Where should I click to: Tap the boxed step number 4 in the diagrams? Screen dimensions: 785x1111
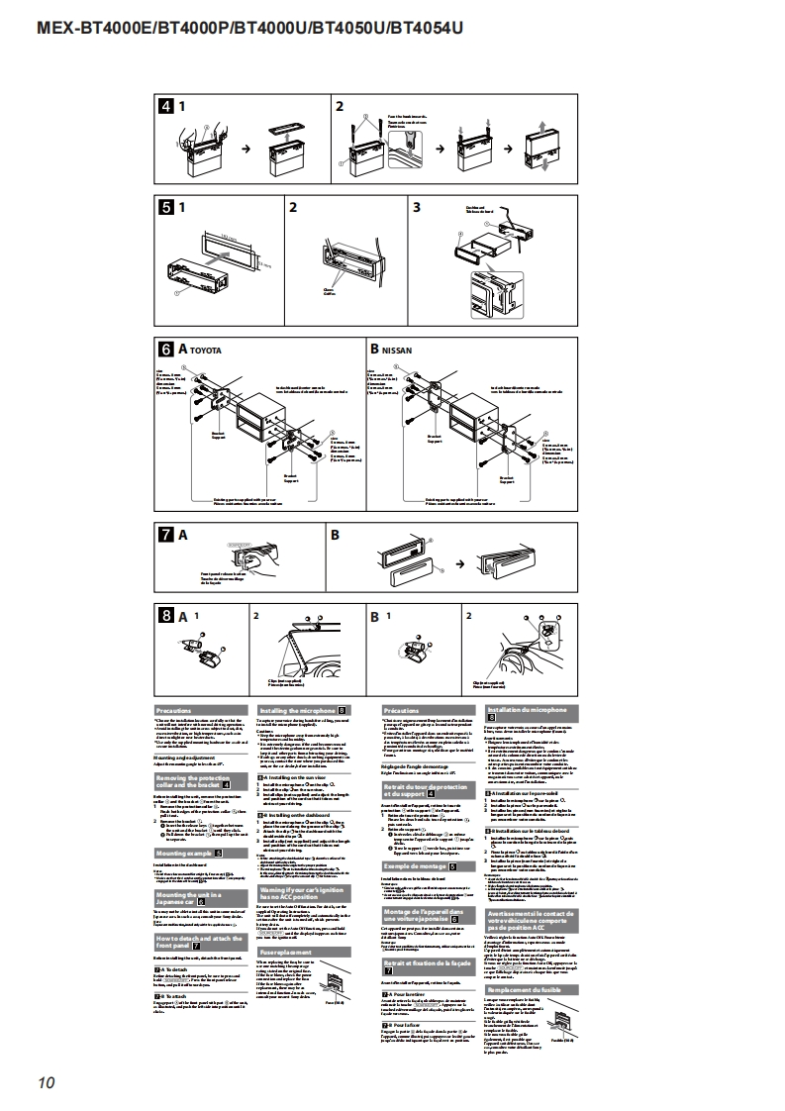click(167, 105)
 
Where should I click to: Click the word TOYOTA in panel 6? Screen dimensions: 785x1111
click(206, 352)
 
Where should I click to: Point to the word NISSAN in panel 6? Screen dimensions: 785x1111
click(398, 351)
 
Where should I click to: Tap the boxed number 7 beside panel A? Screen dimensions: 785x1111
click(167, 535)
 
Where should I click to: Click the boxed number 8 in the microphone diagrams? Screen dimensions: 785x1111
click(167, 615)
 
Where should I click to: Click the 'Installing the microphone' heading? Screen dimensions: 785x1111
click(297, 710)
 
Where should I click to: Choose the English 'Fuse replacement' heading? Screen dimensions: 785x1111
click(278, 953)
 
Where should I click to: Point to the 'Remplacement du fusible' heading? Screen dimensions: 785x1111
click(527, 989)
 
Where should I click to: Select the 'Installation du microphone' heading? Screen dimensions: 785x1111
click(528, 710)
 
